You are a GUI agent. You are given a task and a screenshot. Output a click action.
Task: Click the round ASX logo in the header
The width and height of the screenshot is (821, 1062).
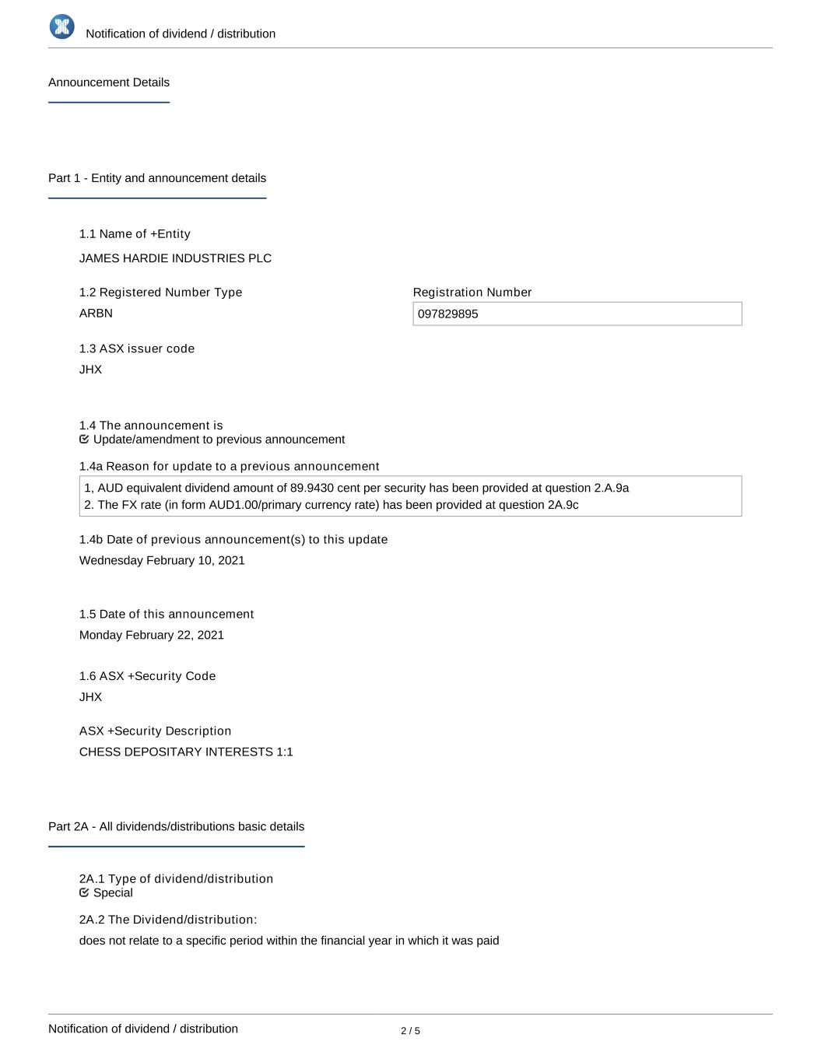(62, 26)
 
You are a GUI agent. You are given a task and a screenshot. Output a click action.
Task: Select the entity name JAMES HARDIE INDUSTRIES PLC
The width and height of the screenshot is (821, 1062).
(175, 258)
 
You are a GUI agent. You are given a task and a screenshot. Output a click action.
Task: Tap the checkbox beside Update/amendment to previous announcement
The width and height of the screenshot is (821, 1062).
(84, 440)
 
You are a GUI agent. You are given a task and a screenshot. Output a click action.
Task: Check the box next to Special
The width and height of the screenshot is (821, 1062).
(84, 893)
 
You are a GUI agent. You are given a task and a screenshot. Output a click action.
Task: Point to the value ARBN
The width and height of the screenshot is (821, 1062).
(96, 314)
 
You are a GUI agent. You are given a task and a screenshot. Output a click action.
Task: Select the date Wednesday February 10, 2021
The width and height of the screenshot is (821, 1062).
(162, 561)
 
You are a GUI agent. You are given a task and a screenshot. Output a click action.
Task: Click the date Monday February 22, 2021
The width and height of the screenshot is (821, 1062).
(152, 636)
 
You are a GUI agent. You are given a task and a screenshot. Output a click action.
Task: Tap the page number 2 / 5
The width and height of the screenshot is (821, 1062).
(410, 1032)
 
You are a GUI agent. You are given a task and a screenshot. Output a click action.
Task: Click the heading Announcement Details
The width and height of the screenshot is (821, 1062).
(109, 82)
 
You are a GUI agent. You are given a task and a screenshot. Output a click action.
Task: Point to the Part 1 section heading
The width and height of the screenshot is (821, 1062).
(157, 178)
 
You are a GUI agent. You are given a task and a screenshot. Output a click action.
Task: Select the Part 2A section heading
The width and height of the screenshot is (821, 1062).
(176, 827)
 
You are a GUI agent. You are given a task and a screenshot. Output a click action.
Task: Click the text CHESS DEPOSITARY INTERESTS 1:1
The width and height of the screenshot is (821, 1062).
(186, 752)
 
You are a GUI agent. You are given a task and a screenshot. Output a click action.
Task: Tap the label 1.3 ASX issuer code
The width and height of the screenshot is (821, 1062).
(137, 349)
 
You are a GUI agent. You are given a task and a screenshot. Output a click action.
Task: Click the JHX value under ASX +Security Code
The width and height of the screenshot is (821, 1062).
(90, 697)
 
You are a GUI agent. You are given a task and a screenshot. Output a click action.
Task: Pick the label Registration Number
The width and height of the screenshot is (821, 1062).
(472, 293)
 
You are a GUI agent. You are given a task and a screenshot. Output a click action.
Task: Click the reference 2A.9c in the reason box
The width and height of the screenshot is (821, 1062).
(563, 505)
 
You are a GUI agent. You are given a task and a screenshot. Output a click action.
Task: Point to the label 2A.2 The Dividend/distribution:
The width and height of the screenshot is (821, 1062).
(168, 920)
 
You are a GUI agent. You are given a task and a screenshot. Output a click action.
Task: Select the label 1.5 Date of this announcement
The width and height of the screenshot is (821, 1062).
(167, 615)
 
